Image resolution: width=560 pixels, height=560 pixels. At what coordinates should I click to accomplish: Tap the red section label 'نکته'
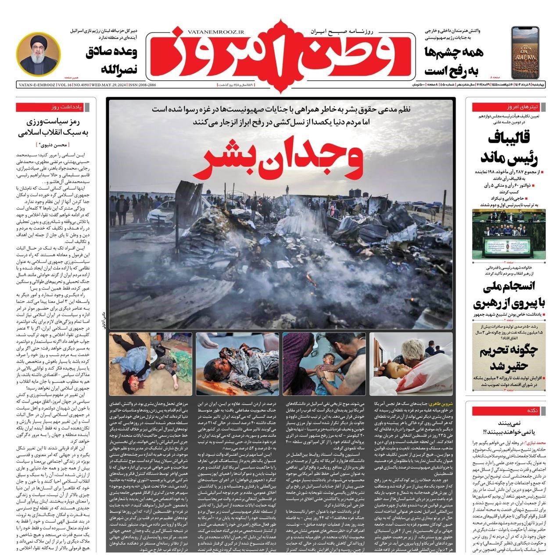pos(532,411)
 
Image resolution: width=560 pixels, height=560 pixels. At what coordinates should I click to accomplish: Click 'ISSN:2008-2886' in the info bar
pos(141,85)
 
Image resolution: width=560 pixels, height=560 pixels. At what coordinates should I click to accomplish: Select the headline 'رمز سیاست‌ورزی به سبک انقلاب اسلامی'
pos(53,127)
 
